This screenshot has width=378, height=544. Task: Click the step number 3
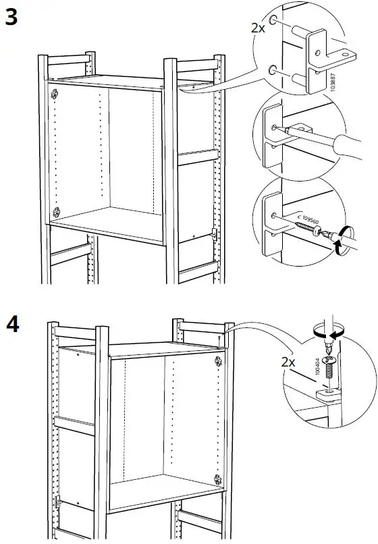[x=11, y=18]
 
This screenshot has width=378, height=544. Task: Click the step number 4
[x=12, y=323]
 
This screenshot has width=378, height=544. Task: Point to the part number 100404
[x=316, y=369]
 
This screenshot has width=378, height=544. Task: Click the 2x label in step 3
[x=257, y=28]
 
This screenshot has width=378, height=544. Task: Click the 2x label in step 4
[x=288, y=362]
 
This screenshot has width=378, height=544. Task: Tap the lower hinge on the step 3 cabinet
[x=57, y=211]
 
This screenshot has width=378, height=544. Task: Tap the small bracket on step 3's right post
[x=213, y=235]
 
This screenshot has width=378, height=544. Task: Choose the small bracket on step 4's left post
[x=57, y=503]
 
